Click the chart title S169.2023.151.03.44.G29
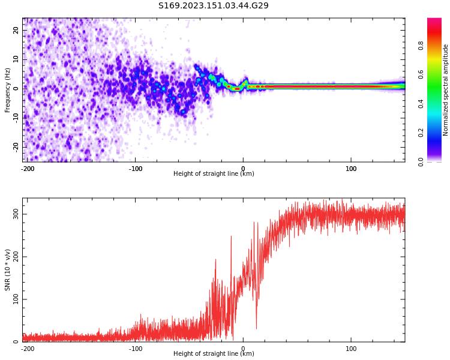tap(214, 6)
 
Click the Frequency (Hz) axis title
tap(8, 90)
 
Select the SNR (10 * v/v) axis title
tap(8, 270)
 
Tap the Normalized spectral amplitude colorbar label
tap(446, 90)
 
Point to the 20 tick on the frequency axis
tap(16, 30)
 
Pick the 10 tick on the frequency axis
tap(16, 59)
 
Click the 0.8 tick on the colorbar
tap(438, 44)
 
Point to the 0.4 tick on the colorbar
tap(438, 103)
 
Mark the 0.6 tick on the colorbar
tap(438, 74)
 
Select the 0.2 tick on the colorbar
tap(438, 133)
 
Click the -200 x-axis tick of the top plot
tap(27, 169)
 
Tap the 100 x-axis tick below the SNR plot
tap(351, 349)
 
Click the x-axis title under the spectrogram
tap(214, 174)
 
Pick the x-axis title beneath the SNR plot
tap(214, 354)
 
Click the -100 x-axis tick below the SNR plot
tap(136, 349)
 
